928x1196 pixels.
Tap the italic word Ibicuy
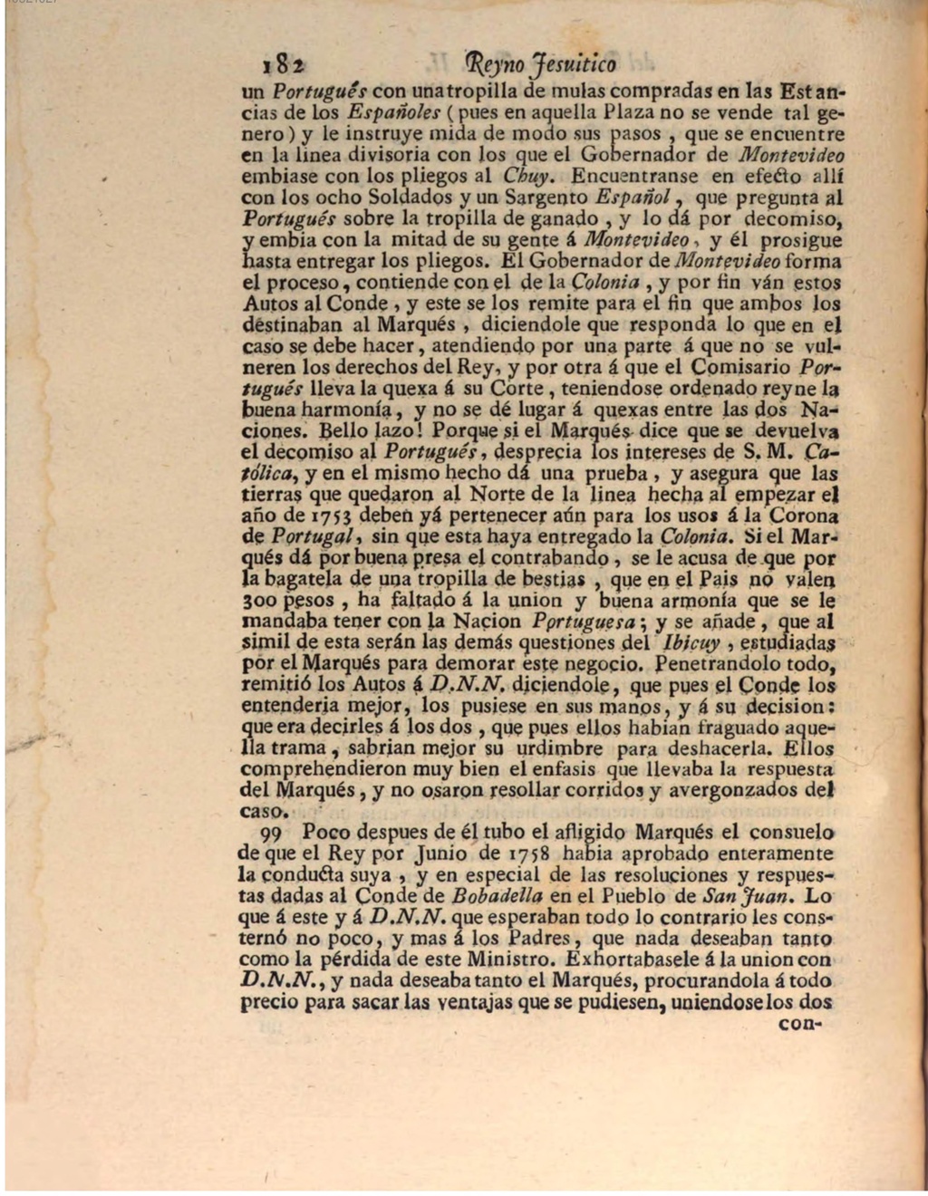[691, 643]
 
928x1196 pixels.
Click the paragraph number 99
[272, 833]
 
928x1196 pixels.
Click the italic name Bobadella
[497, 896]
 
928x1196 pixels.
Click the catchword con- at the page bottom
[798, 1026]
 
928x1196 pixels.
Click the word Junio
[441, 854]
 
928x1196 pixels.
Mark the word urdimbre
[555, 749]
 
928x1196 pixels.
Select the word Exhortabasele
[632, 959]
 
